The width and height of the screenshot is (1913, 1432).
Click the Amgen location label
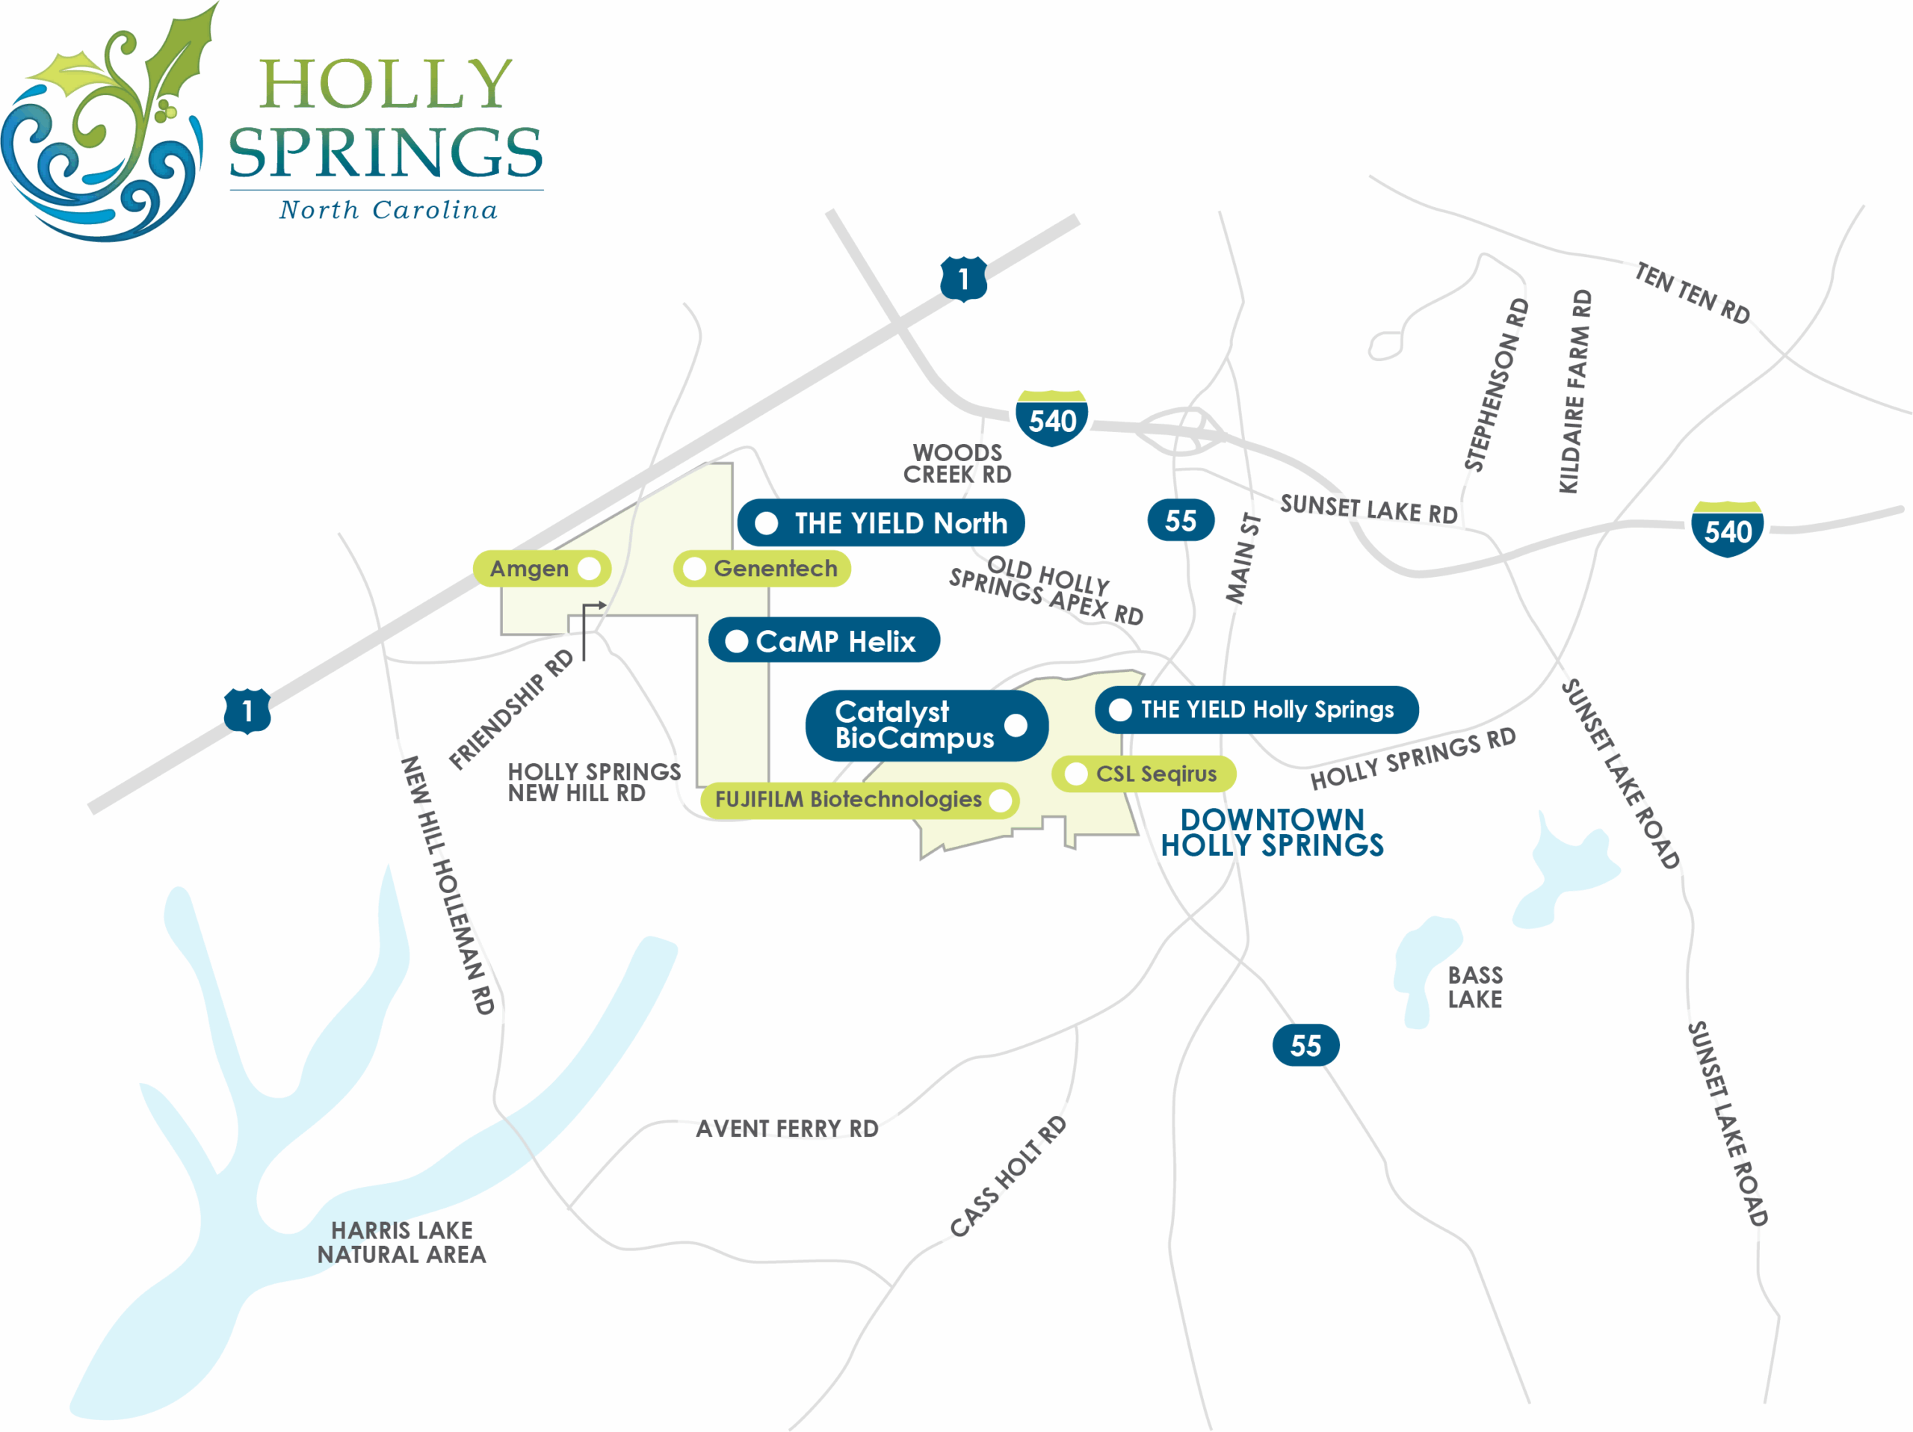pyautogui.click(x=541, y=569)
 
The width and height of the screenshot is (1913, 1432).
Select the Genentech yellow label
pyautogui.click(x=762, y=569)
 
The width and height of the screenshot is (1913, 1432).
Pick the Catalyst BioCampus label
pyautogui.click(x=925, y=726)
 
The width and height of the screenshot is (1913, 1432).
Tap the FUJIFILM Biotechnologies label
pyautogui.click(x=859, y=799)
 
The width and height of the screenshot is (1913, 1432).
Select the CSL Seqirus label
pyautogui.click(x=1143, y=774)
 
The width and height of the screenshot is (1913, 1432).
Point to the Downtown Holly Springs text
pyautogui.click(x=1271, y=832)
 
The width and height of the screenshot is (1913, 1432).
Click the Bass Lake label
pyautogui.click(x=1474, y=987)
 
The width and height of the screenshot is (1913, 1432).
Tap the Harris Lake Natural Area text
pyautogui.click(x=401, y=1241)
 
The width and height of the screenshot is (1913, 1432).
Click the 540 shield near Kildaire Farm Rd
pyautogui.click(x=1727, y=529)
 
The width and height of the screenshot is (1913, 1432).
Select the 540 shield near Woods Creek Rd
pyautogui.click(x=1051, y=419)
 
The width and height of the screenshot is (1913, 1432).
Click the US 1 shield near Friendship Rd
pyautogui.click(x=247, y=711)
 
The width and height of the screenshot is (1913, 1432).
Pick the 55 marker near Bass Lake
pyautogui.click(x=1305, y=1046)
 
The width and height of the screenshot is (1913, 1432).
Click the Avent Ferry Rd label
pyautogui.click(x=786, y=1129)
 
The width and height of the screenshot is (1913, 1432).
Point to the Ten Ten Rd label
pyautogui.click(x=1692, y=293)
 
